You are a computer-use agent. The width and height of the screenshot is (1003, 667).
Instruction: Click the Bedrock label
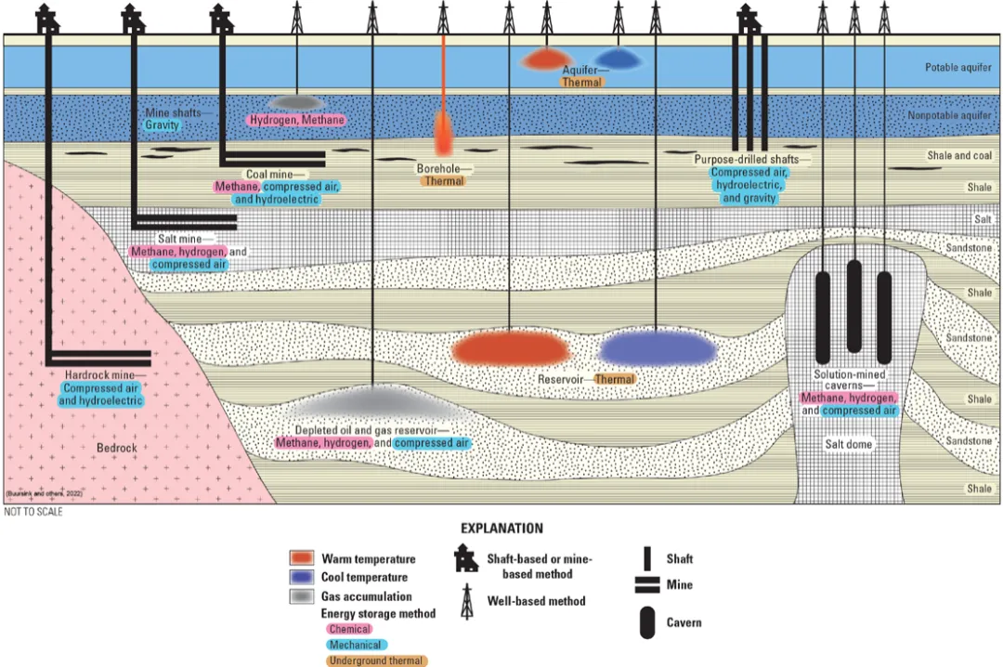(x=117, y=448)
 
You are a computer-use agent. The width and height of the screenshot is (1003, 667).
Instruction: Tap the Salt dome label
(x=849, y=444)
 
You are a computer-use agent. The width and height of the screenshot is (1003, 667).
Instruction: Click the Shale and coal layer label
(x=959, y=155)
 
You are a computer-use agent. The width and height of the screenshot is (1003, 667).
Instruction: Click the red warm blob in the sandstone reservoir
(x=509, y=348)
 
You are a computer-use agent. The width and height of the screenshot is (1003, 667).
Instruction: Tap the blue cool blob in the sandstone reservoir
(x=658, y=348)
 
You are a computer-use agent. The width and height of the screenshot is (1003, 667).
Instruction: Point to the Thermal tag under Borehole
(x=442, y=181)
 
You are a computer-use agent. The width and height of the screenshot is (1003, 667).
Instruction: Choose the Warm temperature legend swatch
(x=301, y=558)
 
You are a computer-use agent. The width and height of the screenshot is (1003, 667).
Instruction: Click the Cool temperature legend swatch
(x=301, y=577)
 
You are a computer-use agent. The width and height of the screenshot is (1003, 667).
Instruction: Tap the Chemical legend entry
(x=349, y=629)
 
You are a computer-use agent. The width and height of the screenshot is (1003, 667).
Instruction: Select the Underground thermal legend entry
(x=376, y=660)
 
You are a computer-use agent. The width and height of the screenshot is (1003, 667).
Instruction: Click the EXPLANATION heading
(x=502, y=529)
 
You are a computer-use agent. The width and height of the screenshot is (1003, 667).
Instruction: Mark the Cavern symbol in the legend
(x=646, y=622)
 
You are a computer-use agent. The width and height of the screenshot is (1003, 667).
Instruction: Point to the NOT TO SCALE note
(x=33, y=512)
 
